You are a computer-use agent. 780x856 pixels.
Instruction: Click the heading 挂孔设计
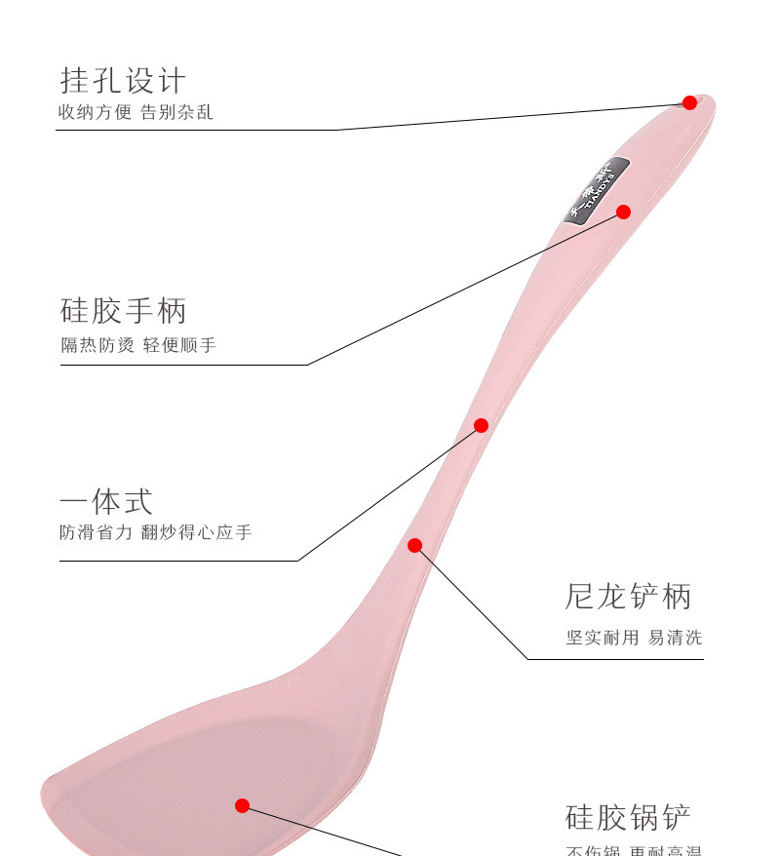[x=123, y=80]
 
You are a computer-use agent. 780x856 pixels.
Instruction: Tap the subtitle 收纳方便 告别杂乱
[x=136, y=113]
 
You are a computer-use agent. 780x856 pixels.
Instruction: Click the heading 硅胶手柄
[x=123, y=312]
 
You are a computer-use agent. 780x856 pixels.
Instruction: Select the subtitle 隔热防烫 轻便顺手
[x=138, y=345]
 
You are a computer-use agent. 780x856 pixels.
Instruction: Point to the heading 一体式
[x=106, y=502]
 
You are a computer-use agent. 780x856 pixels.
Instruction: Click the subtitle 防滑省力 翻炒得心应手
[x=156, y=533]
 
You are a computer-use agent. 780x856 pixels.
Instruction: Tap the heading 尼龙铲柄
[x=628, y=597]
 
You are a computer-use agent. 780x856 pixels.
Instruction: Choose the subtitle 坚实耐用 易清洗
[x=634, y=638]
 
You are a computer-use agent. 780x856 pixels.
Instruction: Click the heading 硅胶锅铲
[x=628, y=817]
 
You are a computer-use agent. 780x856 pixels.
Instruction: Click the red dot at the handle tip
[x=689, y=102]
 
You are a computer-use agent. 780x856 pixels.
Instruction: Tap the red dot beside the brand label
[x=623, y=212]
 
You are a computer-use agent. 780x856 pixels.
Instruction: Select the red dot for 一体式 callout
[x=481, y=425]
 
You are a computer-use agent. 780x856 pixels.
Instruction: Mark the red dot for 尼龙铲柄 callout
[x=414, y=545]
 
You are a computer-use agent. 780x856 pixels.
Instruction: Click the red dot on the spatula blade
[x=242, y=805]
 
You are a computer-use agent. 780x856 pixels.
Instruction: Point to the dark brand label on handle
[x=598, y=189]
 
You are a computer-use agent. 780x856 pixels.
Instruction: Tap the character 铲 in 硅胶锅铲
[x=676, y=817]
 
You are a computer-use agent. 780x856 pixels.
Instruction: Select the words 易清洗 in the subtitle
[x=675, y=638]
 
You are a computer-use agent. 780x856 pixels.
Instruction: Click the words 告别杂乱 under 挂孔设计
[x=177, y=113]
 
